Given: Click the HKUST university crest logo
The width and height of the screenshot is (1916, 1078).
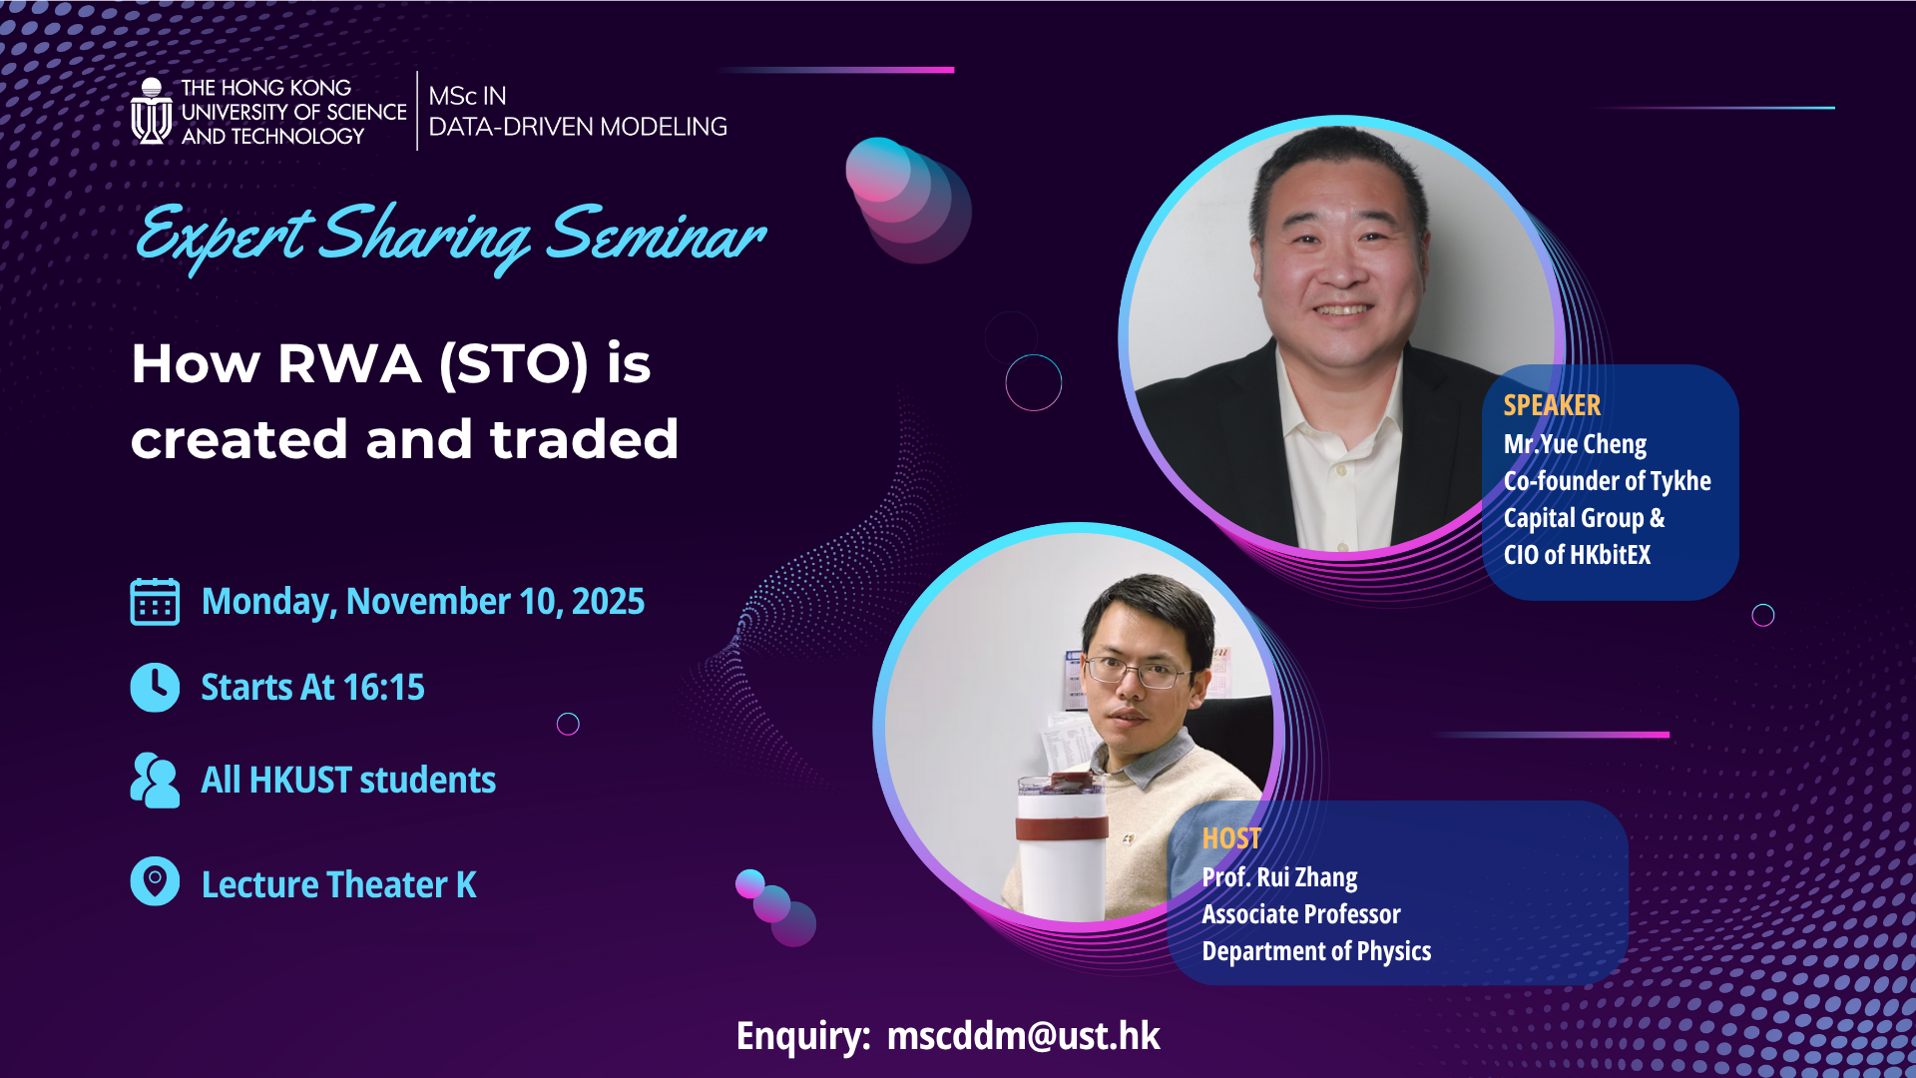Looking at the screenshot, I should point(152,112).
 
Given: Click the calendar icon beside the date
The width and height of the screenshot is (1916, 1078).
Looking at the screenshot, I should point(155,602).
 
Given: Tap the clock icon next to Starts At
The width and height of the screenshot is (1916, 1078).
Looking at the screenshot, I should point(155,688).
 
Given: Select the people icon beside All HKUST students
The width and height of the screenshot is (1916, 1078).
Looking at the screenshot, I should point(155,781).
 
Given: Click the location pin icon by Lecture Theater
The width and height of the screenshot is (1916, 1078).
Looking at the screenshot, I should point(155,882).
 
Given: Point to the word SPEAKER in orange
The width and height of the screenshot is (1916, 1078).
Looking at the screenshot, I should point(1552,405).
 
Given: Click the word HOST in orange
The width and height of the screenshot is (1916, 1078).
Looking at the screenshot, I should point(1230,838).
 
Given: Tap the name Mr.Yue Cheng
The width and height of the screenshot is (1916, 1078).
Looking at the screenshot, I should point(1575,444).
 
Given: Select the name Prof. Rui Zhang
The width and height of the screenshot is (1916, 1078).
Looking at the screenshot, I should point(1279,877).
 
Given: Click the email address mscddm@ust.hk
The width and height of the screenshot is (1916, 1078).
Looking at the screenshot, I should point(1023,1036).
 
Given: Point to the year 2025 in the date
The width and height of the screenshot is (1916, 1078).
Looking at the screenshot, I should point(608,602).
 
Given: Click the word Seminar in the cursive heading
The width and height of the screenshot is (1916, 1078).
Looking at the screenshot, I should point(656,237).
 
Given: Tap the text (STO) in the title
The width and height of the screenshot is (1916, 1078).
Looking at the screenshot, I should point(514,363).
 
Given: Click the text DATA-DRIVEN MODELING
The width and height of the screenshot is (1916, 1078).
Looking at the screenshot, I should point(578,127).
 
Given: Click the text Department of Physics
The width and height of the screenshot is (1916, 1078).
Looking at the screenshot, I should point(1316,951).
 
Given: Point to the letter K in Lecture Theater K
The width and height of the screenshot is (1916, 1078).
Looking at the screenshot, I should point(466,885).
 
